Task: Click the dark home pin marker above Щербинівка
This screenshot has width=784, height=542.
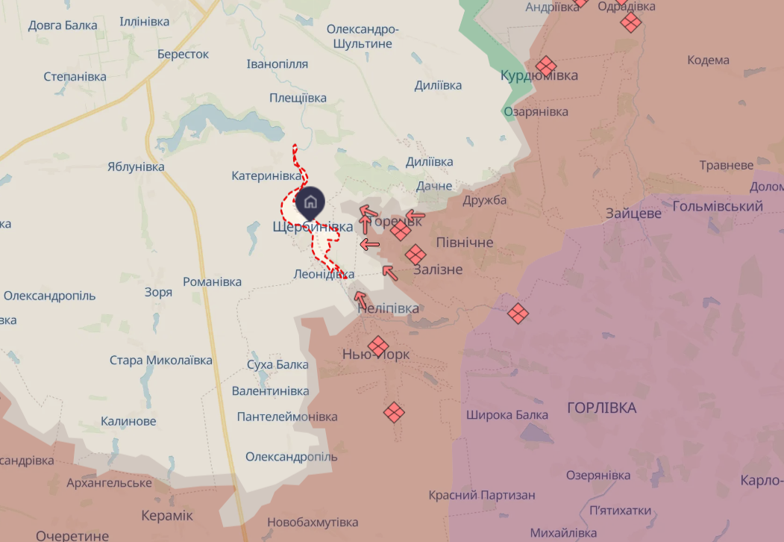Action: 310,202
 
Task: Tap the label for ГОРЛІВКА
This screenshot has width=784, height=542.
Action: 601,408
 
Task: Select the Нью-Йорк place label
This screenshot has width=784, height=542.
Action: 375,355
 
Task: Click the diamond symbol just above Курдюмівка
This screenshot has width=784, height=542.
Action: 546,66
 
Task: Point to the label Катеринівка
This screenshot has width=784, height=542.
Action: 266,176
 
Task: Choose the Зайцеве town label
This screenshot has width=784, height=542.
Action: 633,214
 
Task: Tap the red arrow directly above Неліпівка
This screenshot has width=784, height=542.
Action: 360,299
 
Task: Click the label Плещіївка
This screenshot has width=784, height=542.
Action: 298,98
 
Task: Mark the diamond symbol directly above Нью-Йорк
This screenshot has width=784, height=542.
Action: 378,346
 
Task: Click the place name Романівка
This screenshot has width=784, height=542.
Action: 213,281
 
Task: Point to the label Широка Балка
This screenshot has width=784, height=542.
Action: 507,414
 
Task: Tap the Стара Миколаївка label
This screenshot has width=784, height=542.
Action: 160,361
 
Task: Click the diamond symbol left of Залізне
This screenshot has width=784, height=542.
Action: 415,255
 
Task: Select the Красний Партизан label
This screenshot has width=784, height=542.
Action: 481,495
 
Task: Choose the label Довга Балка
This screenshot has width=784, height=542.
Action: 63,25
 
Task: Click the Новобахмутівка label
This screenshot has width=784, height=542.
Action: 313,523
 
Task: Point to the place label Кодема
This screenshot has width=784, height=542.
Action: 708,60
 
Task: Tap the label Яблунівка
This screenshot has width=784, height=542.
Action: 136,166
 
